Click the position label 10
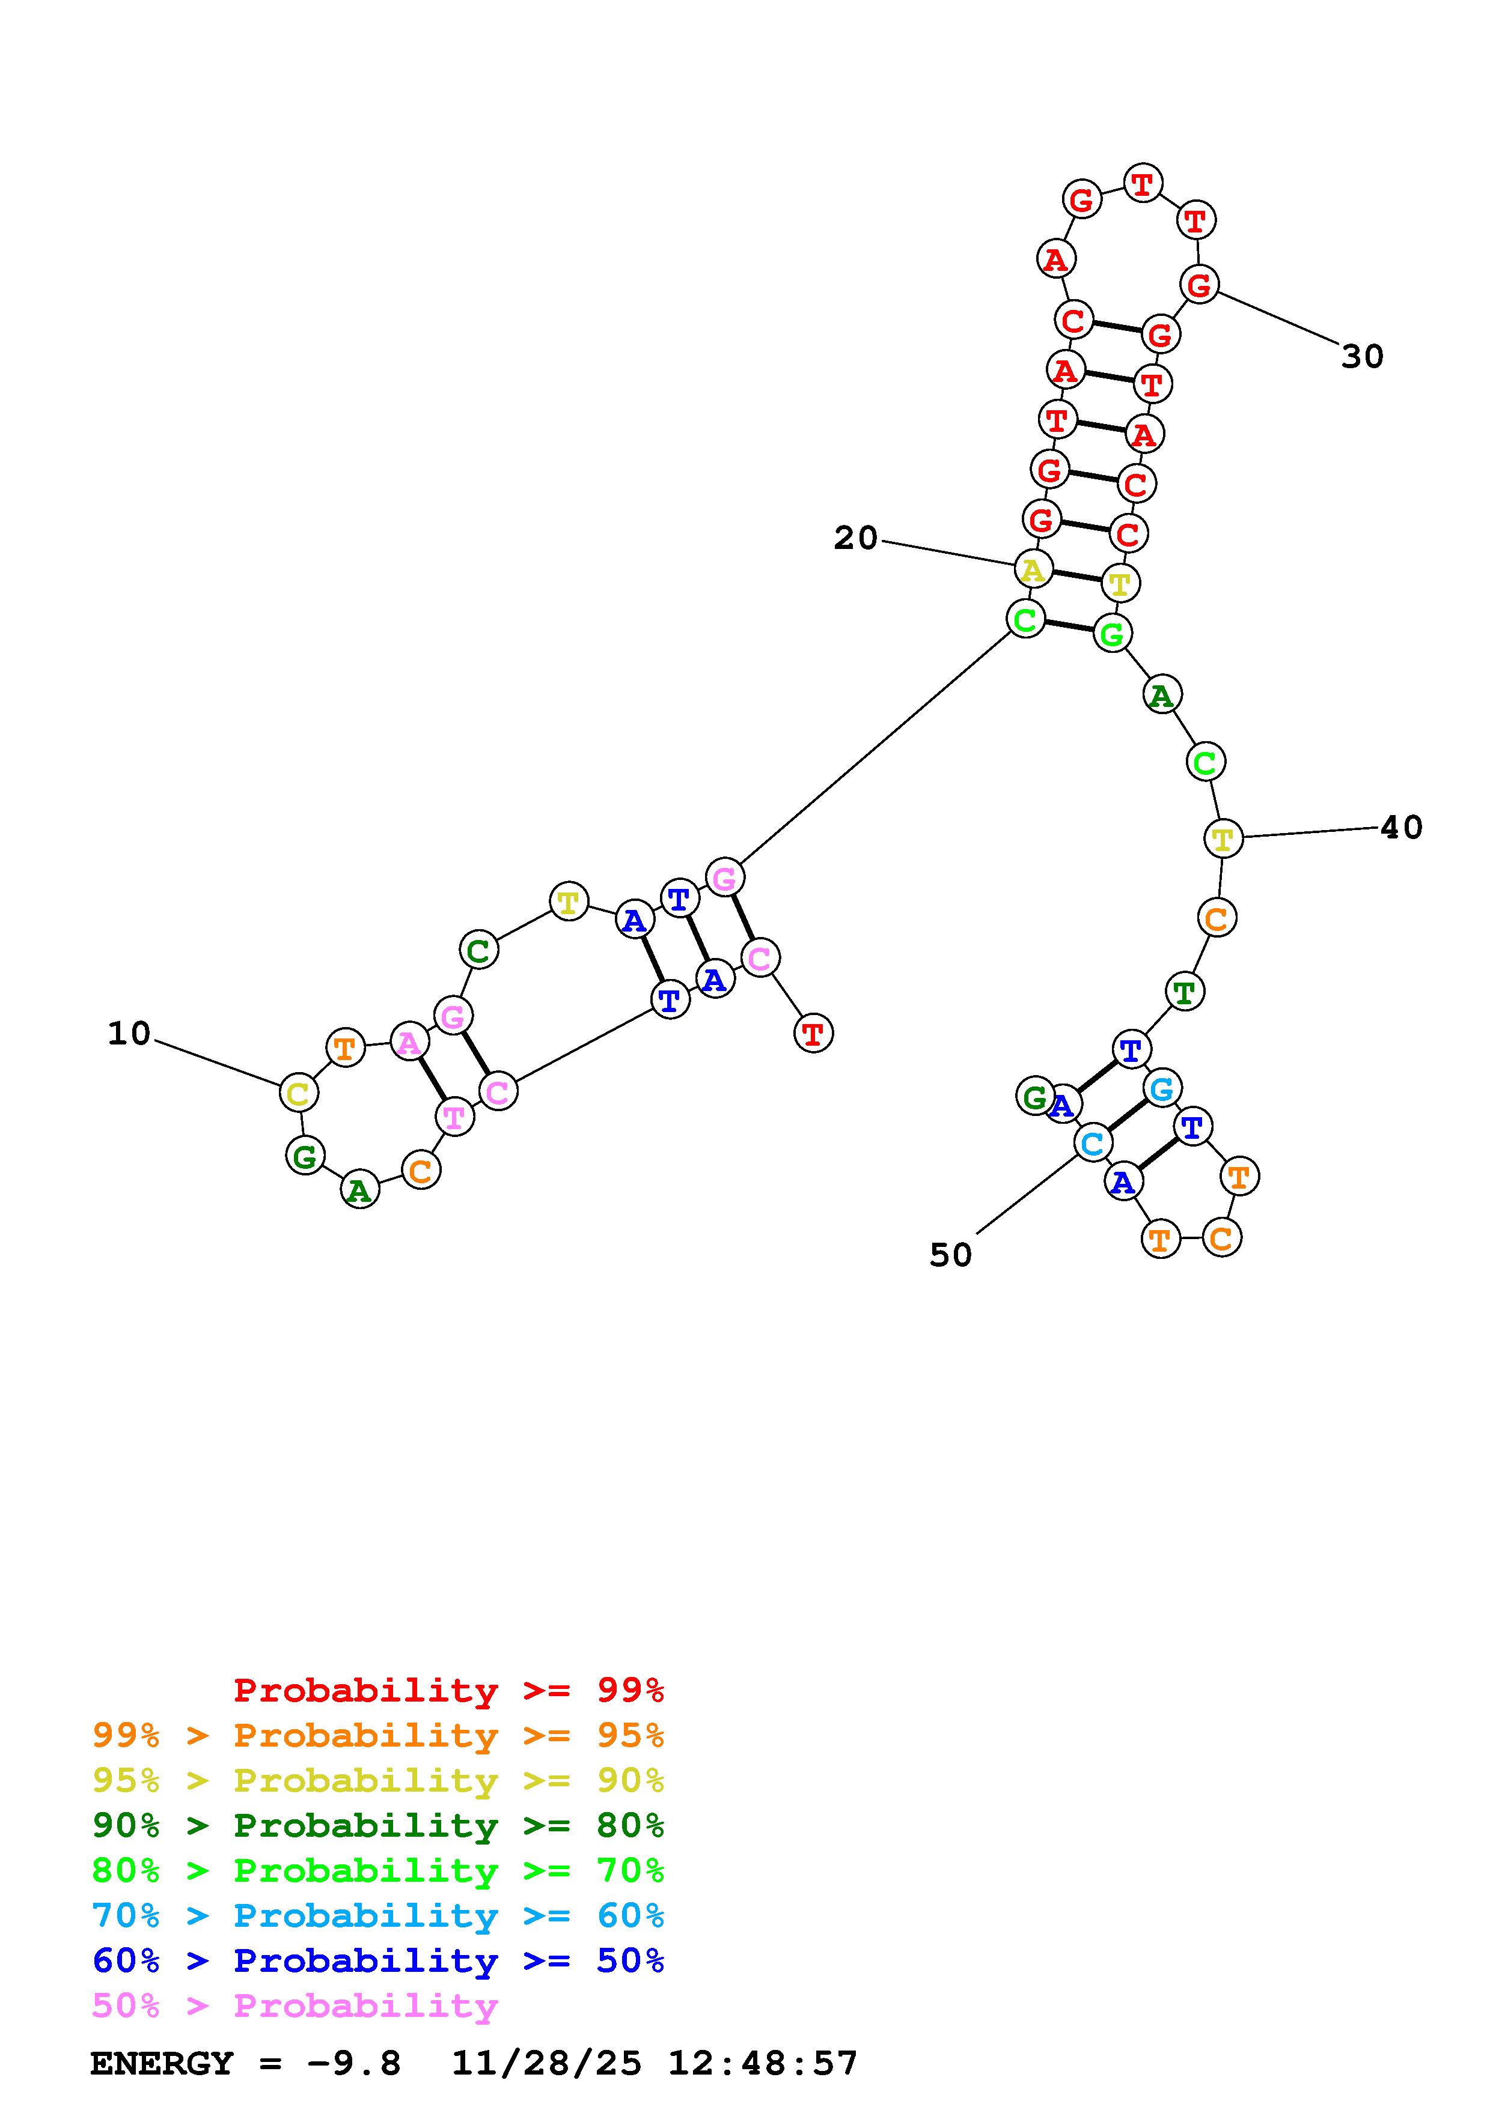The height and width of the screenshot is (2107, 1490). [129, 1034]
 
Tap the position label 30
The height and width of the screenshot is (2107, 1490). [1363, 357]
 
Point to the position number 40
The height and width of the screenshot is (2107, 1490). [1402, 828]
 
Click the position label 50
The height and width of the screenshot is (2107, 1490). [950, 1255]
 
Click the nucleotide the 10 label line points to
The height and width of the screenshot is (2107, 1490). [298, 1093]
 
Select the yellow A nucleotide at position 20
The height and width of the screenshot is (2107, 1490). [1033, 570]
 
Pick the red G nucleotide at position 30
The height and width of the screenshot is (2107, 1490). [1199, 285]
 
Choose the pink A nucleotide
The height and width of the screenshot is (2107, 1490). [409, 1043]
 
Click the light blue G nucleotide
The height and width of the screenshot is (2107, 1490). [1162, 1090]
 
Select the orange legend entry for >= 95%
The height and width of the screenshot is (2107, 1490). [378, 1735]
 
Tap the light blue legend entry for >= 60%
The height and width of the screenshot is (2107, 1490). [378, 1915]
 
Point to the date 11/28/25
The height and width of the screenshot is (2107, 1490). [546, 2063]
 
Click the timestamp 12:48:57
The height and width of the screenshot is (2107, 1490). [762, 2063]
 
